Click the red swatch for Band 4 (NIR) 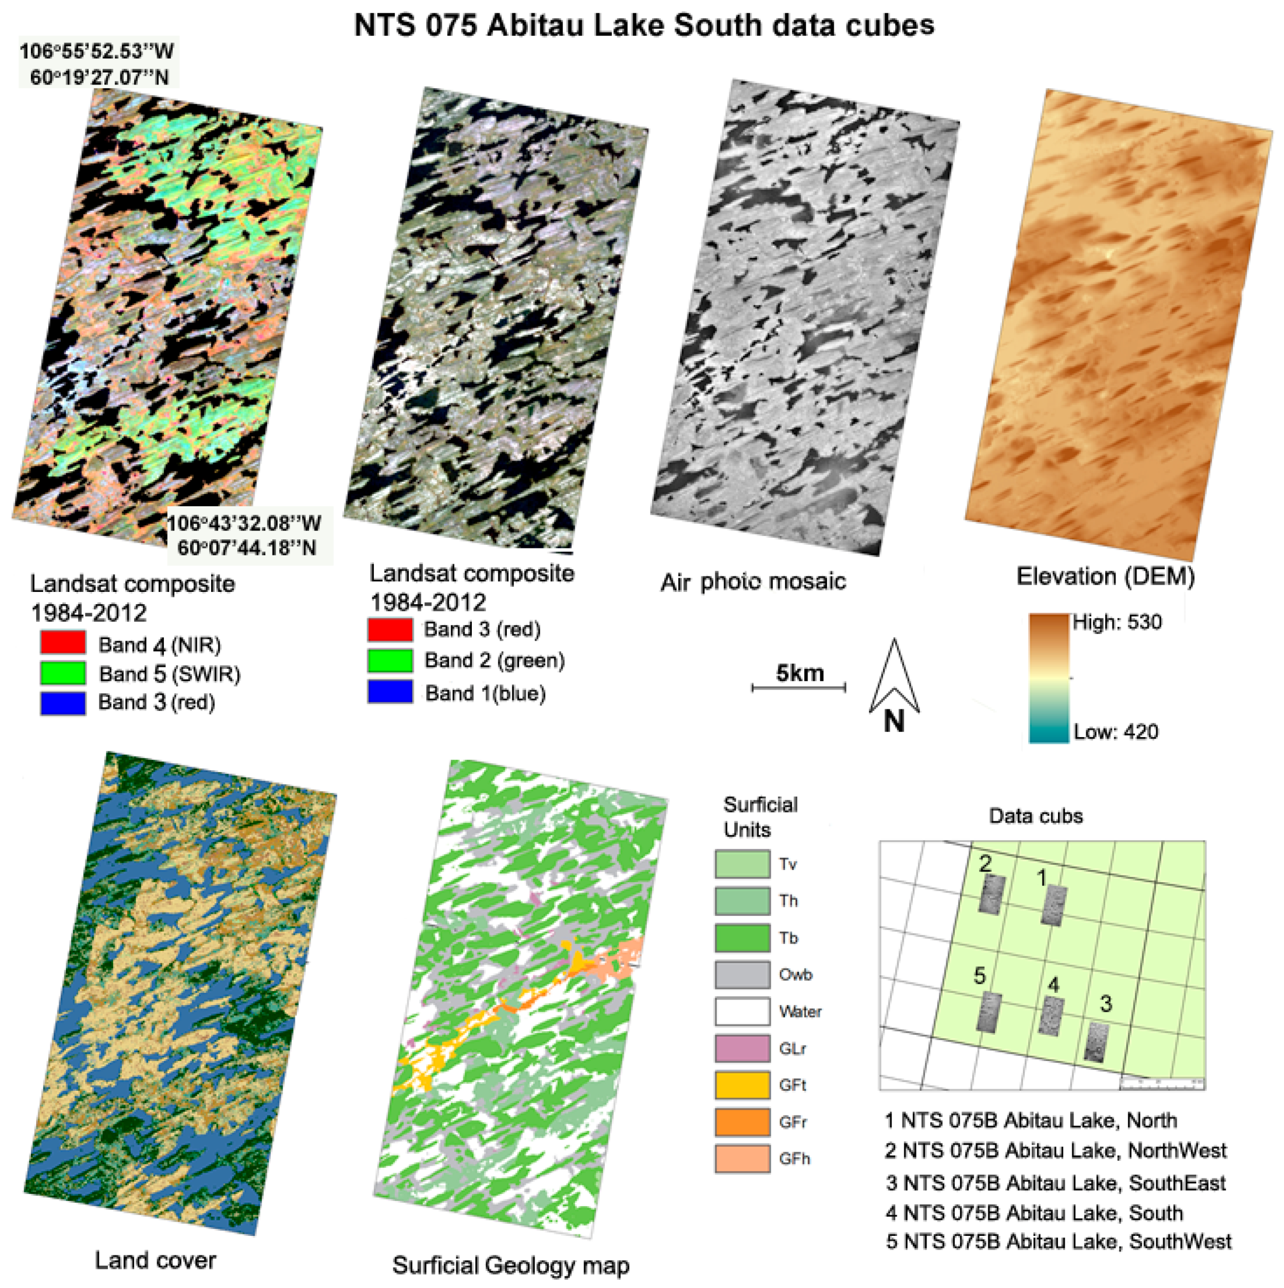point(63,642)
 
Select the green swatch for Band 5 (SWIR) point(63,673)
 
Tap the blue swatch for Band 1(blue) point(390,691)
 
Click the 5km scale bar point(799,687)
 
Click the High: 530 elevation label point(1116,622)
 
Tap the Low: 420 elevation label point(1115,732)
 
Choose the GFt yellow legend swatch point(742,1085)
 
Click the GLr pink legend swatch point(742,1048)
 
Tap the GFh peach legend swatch point(742,1159)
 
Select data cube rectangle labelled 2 point(991,894)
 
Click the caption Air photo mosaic point(753,582)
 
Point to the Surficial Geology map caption point(511,1265)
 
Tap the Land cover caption point(155,1260)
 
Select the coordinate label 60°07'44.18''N point(247,548)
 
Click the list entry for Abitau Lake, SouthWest point(1058,1241)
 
